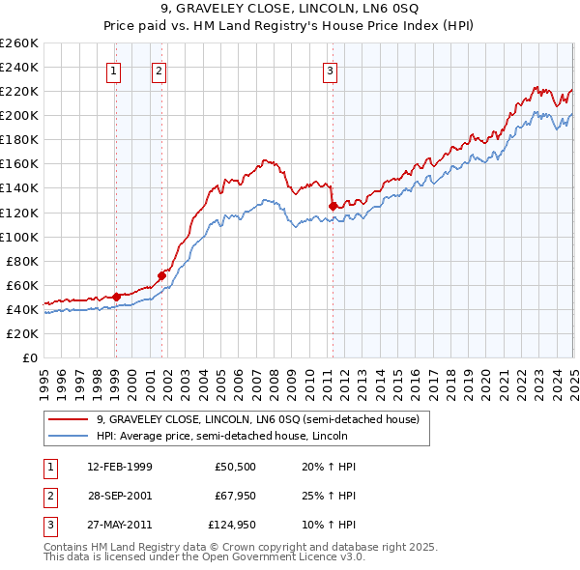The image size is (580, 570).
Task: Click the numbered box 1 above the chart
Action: (114, 70)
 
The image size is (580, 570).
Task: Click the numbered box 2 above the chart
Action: (158, 70)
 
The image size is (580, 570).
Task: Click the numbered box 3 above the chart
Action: (330, 70)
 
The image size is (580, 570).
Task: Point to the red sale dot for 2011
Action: (333, 206)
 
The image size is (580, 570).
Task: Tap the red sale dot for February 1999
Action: (116, 296)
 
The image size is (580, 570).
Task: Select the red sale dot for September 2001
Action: (162, 275)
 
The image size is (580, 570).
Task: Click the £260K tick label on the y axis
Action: (19, 43)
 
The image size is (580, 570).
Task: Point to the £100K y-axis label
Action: (19, 237)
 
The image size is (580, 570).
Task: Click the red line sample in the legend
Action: (70, 419)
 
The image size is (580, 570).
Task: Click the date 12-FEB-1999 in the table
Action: (119, 467)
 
